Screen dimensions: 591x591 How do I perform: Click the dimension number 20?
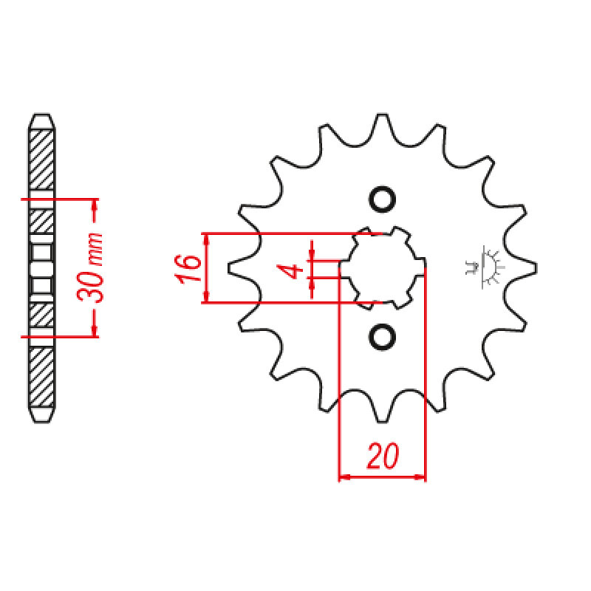click(x=382, y=456)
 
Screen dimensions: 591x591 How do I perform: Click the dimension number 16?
click(x=188, y=268)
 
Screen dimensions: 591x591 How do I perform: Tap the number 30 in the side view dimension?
click(x=90, y=287)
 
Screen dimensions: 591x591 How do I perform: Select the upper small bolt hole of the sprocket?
click(x=382, y=199)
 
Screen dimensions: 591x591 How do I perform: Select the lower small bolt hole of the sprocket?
click(x=382, y=337)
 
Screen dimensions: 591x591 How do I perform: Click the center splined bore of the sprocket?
click(x=382, y=268)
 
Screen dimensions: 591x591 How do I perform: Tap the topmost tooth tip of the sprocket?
click(x=382, y=115)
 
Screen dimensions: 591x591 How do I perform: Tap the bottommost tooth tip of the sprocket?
click(x=382, y=421)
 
